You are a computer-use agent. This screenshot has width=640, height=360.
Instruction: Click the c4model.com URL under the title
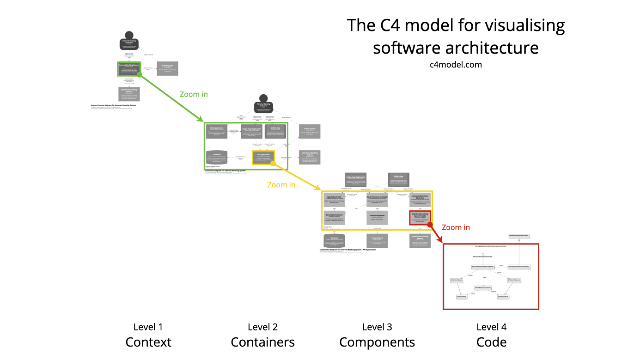(x=456, y=65)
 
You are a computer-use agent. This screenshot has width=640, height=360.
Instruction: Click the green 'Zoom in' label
(x=194, y=94)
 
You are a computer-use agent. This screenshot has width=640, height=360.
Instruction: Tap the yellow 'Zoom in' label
(x=281, y=185)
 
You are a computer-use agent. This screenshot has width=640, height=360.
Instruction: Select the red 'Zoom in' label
(x=456, y=227)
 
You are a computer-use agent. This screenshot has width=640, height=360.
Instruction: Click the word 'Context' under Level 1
(x=148, y=342)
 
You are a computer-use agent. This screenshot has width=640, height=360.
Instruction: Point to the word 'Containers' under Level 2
(x=262, y=342)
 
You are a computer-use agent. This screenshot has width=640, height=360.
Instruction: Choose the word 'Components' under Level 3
(x=377, y=342)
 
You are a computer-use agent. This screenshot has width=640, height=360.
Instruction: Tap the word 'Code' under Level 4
(x=491, y=342)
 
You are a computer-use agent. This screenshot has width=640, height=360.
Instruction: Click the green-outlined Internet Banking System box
(x=129, y=68)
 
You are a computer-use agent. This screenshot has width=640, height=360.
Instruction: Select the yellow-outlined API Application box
(x=263, y=157)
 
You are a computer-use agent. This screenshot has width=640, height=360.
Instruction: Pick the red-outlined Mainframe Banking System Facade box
(x=420, y=217)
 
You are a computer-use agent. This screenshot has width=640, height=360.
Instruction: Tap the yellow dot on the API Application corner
(x=273, y=164)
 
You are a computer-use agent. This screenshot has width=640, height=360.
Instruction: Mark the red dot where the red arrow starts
(x=430, y=225)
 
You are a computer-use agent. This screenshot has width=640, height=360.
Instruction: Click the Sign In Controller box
(x=335, y=199)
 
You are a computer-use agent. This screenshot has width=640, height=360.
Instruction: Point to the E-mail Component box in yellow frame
(x=377, y=218)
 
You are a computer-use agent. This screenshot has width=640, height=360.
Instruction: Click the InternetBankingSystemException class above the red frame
(x=519, y=236)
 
